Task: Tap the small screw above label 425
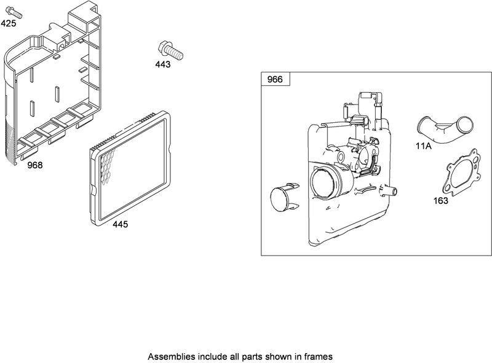16,12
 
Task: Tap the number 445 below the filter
120,225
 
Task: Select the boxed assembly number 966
275,80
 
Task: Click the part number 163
440,201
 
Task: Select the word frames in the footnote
320,356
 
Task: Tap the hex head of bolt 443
164,45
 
